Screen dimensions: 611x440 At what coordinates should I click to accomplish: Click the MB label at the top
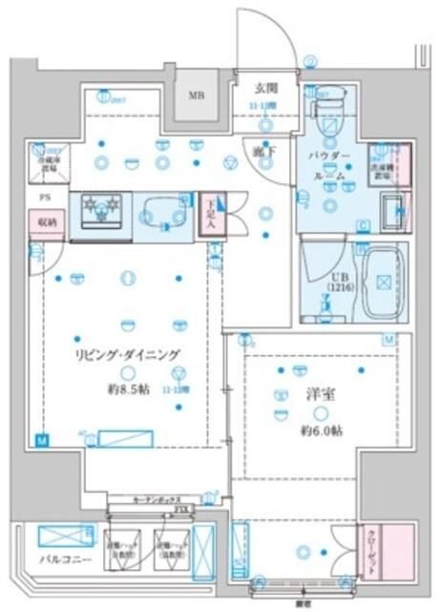[x=196, y=95]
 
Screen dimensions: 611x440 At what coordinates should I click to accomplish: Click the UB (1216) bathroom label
[x=329, y=281]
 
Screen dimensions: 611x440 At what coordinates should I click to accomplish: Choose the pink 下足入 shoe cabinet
[x=212, y=212]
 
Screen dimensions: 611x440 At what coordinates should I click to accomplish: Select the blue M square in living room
[x=41, y=440]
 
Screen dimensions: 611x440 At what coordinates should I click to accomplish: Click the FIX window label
[x=182, y=512]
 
